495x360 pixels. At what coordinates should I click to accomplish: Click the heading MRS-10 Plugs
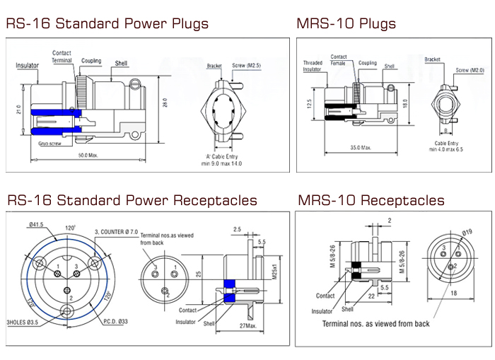pos(346,24)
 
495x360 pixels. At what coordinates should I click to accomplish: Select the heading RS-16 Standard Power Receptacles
pos(132,201)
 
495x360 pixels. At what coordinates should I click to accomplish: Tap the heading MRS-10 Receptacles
pos(371,201)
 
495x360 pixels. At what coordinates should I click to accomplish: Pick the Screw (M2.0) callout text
pos(470,70)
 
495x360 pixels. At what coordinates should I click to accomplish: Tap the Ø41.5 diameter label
pos(37,224)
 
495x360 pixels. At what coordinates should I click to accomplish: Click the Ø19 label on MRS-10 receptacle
pos(467,232)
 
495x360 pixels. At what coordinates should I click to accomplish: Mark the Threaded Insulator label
pos(313,66)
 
